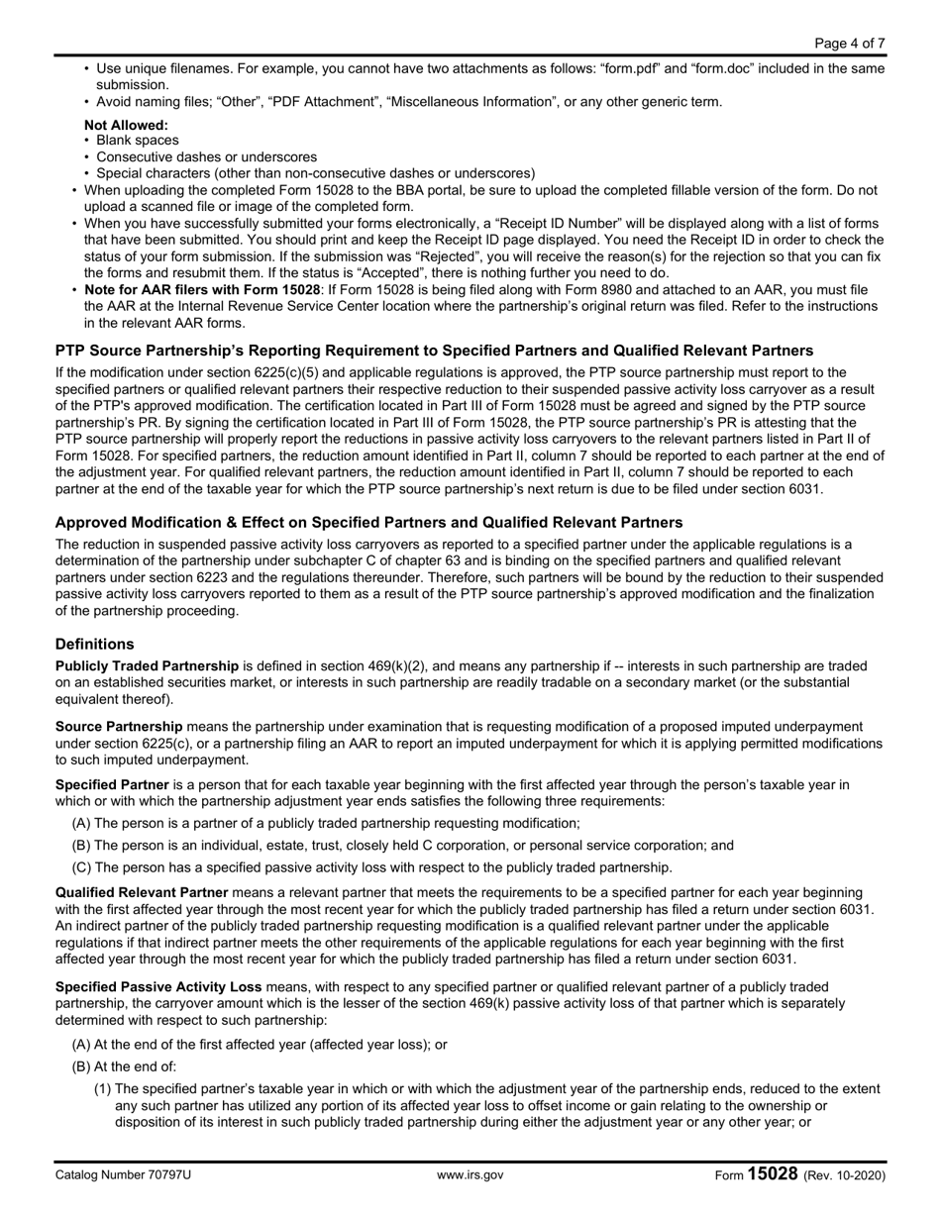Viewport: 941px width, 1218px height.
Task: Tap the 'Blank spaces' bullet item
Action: click(138, 141)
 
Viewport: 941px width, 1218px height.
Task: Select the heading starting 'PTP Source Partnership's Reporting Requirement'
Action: click(434, 351)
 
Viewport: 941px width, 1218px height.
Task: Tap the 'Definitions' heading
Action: click(94, 644)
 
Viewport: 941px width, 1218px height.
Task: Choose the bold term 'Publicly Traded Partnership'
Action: click(147, 665)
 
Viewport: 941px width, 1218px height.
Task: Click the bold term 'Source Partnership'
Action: click(119, 726)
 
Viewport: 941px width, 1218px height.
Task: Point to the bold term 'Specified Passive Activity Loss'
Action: click(158, 986)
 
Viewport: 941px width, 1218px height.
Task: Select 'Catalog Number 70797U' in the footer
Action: click(123, 1175)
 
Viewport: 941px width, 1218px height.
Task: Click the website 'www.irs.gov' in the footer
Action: click(470, 1175)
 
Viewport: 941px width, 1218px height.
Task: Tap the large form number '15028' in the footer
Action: click(773, 1173)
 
